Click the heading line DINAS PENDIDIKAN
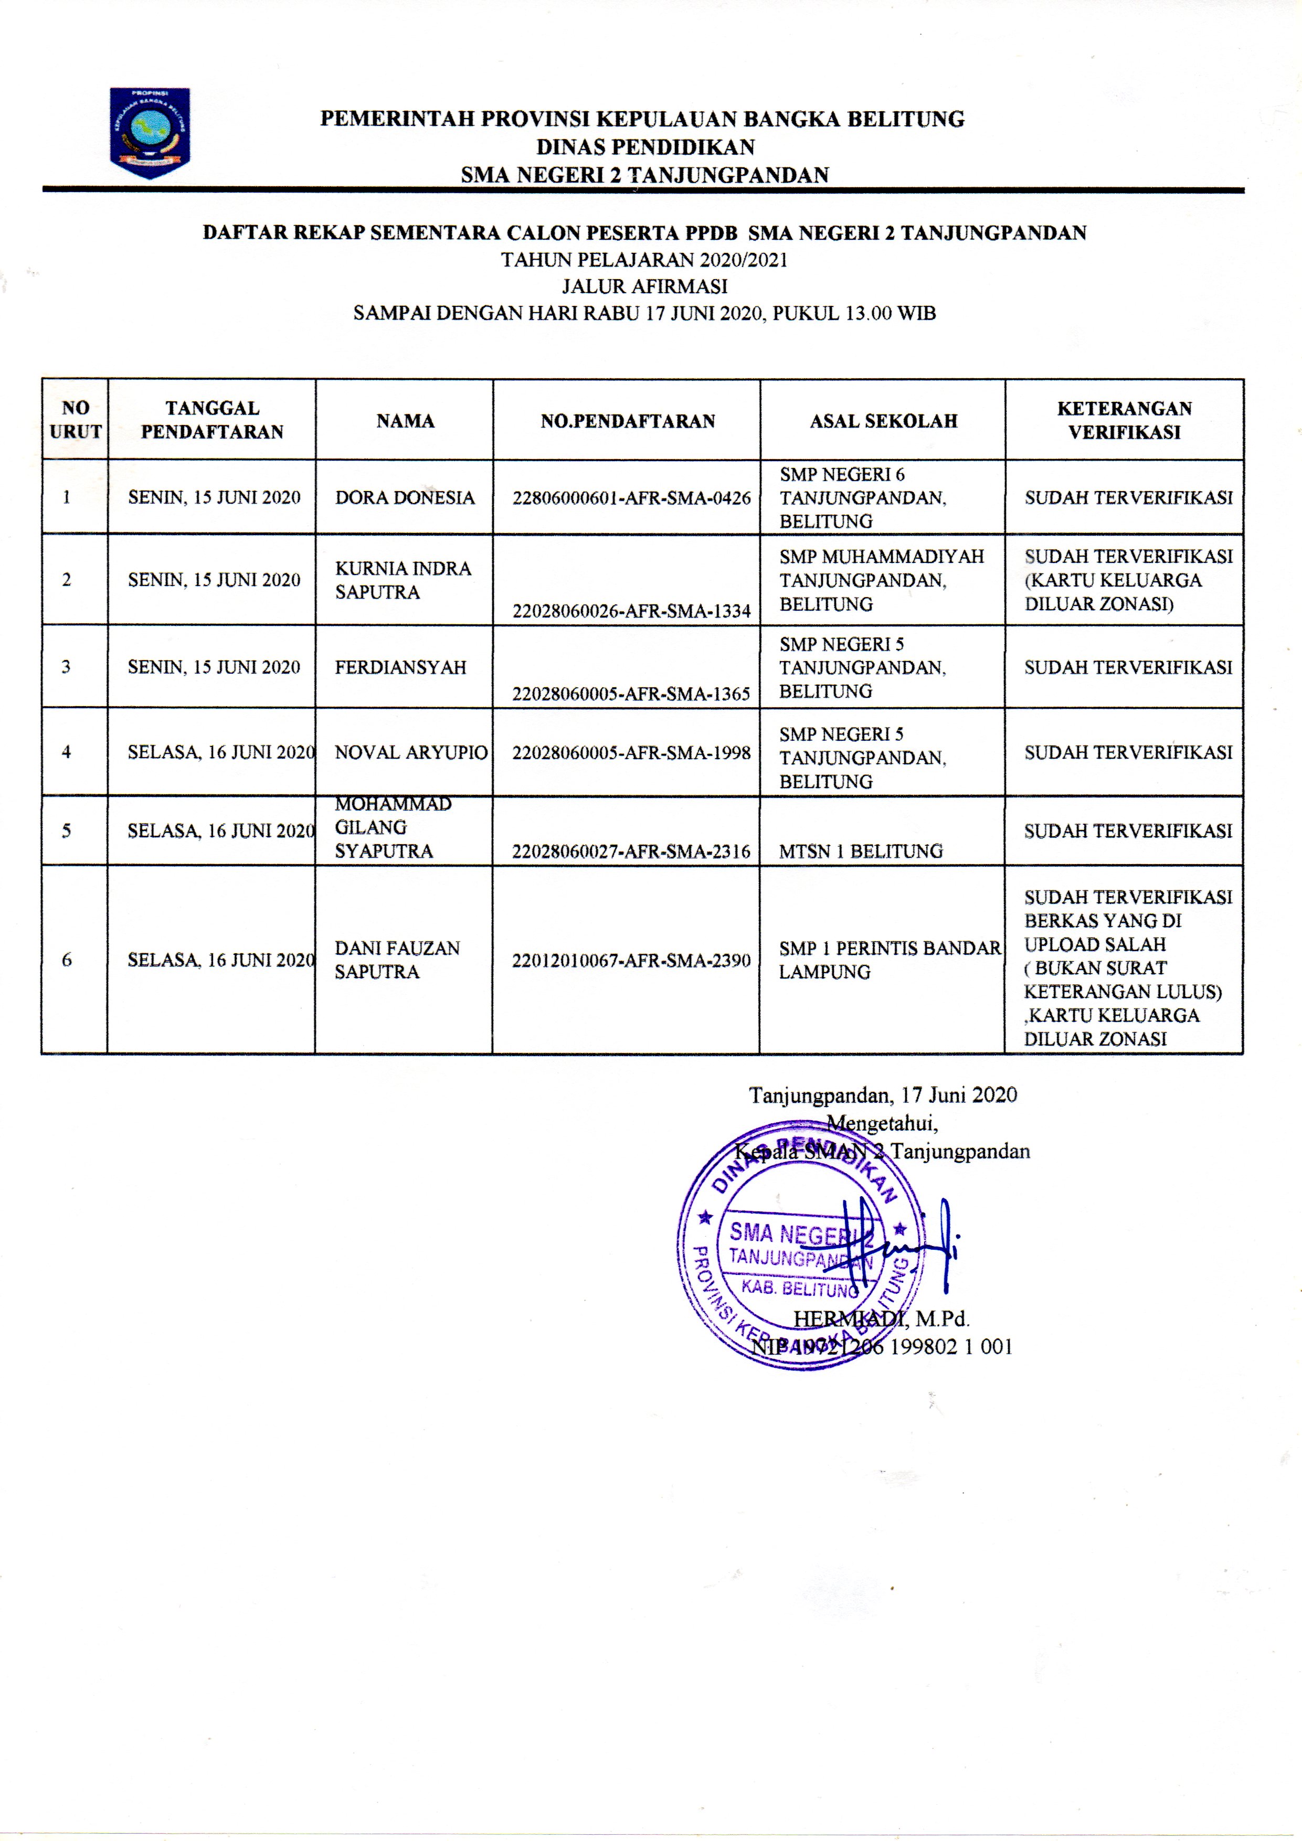tap(645, 147)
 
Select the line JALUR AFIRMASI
tap(645, 286)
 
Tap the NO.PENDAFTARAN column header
tap(627, 421)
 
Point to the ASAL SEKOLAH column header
tap(883, 421)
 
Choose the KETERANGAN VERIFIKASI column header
tap(1124, 420)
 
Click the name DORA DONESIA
tap(405, 498)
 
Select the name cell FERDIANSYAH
tap(400, 667)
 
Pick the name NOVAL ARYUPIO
tap(411, 753)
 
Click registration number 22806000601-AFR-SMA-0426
tap(631, 498)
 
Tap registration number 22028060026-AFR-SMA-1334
tap(631, 611)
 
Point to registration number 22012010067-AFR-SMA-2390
tap(631, 960)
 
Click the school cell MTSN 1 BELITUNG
tap(861, 852)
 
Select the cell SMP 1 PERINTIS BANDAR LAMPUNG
tap(890, 960)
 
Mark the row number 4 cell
tap(67, 752)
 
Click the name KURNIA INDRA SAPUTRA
tap(403, 580)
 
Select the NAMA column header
tap(405, 421)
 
